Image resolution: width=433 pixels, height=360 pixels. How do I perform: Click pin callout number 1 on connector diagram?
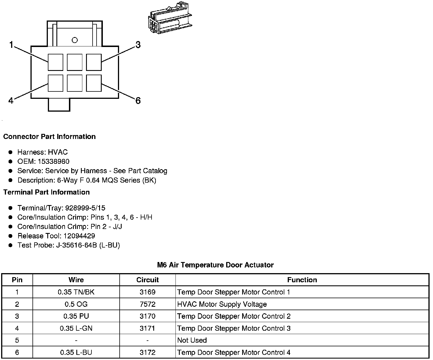pyautogui.click(x=11, y=45)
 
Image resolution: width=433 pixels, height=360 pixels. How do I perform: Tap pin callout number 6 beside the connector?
pyautogui.click(x=138, y=101)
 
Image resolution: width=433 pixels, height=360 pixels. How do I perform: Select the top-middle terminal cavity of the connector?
pyautogui.click(x=75, y=62)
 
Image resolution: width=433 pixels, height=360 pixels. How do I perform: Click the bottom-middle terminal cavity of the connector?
pyautogui.click(x=75, y=83)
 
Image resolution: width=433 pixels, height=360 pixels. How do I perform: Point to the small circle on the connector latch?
pyautogui.click(x=75, y=40)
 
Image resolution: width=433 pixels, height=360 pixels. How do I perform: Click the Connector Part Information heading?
pyautogui.click(x=49, y=137)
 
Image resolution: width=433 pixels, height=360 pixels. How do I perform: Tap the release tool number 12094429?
pyautogui.click(x=79, y=236)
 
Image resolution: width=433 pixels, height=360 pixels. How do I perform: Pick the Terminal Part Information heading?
pyautogui.click(x=46, y=192)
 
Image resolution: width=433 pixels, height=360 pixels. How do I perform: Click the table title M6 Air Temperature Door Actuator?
pyautogui.click(x=215, y=265)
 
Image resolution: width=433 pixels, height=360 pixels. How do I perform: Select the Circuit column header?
pyautogui.click(x=148, y=280)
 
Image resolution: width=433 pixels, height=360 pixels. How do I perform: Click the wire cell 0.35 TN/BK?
pyautogui.click(x=76, y=292)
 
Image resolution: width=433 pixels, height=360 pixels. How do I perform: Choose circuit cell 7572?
pyautogui.click(x=148, y=304)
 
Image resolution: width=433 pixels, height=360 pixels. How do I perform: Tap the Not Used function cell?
pyautogui.click(x=192, y=340)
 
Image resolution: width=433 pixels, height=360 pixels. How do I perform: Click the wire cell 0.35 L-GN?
pyautogui.click(x=76, y=328)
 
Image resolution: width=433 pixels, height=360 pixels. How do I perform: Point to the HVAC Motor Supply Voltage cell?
pyautogui.click(x=222, y=304)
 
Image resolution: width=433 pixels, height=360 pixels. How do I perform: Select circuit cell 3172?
pyautogui.click(x=148, y=353)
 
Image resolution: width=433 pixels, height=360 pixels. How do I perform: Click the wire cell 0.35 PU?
pyautogui.click(x=76, y=316)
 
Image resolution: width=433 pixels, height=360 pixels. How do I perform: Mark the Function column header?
pyautogui.click(x=302, y=280)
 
